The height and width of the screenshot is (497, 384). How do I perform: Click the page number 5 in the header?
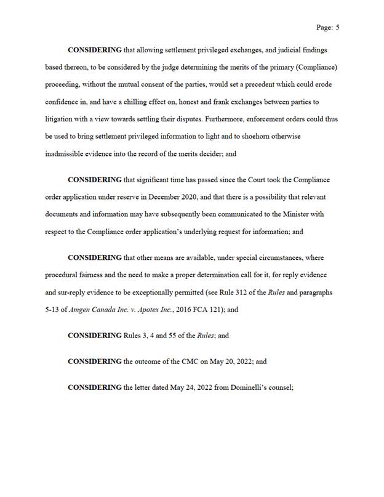338,28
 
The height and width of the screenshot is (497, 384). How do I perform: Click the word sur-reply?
61,293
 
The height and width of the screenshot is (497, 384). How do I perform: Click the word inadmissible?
65,153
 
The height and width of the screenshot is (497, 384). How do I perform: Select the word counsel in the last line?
281,389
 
